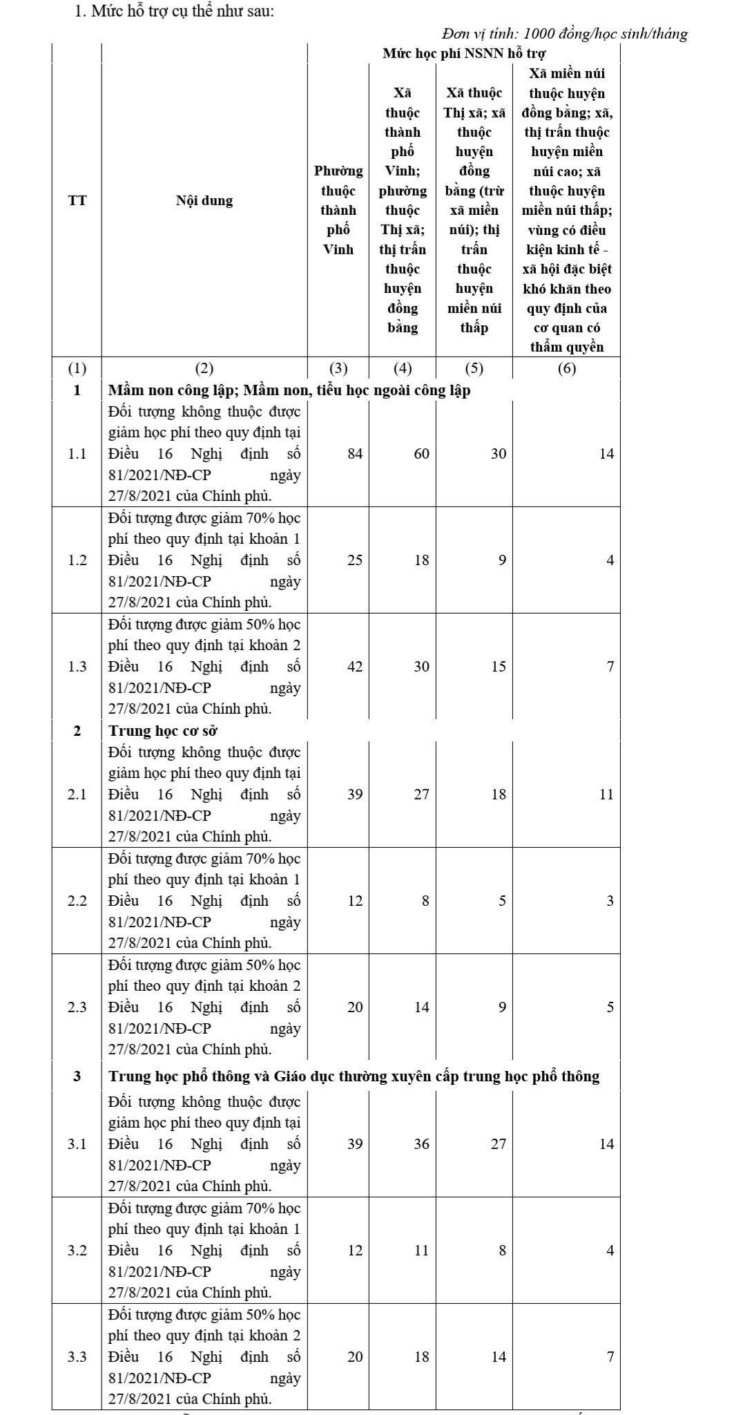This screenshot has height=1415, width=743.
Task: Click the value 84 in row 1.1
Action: tap(354, 454)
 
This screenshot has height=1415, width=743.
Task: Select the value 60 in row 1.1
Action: tap(421, 454)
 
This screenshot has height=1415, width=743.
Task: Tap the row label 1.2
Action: tap(77, 560)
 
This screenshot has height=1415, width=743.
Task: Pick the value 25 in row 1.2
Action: tap(354, 560)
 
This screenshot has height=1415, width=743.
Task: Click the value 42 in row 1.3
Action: tap(354, 667)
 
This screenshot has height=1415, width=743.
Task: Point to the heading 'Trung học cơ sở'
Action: tap(164, 730)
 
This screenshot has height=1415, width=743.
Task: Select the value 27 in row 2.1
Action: tap(421, 795)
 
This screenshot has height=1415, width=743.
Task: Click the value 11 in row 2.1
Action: tap(606, 795)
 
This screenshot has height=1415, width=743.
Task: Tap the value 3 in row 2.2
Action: tap(610, 901)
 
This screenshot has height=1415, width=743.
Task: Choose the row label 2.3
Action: tap(77, 1007)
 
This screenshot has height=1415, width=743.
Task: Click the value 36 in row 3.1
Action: tap(421, 1144)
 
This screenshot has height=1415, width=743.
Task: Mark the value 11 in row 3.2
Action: tap(421, 1251)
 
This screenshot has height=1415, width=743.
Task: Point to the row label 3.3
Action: tap(77, 1357)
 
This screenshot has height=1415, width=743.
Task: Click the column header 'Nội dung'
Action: tap(204, 201)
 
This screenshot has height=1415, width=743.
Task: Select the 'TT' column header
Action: tap(77, 201)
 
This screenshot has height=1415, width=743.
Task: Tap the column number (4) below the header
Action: tap(402, 368)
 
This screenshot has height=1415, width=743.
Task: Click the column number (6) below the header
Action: tap(566, 368)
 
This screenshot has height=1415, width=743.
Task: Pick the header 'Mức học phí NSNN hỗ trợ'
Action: tap(464, 53)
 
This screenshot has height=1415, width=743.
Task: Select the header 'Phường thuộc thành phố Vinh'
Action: tap(338, 210)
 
